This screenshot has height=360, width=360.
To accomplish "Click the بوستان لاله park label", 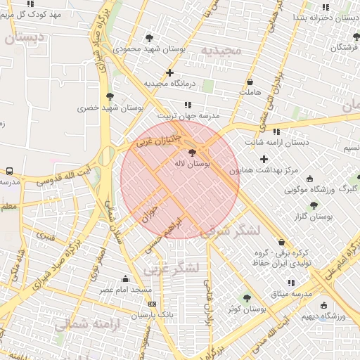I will tap(192, 163).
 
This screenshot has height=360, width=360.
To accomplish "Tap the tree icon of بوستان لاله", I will tap(192, 152).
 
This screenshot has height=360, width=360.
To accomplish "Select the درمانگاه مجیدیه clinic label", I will tap(169, 83).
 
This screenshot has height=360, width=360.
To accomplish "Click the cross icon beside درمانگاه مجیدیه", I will tap(169, 72).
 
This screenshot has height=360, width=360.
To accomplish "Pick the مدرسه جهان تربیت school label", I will tap(188, 115).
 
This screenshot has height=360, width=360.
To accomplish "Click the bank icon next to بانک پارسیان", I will tap(153, 304).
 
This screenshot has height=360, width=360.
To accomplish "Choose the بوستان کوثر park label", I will tap(246, 309).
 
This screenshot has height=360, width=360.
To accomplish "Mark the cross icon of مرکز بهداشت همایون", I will tap(264, 160).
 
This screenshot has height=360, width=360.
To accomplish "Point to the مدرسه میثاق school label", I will tap(291, 292).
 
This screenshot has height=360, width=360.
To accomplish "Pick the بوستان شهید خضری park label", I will tap(110, 108).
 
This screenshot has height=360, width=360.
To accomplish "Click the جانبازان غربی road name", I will tap(159, 136).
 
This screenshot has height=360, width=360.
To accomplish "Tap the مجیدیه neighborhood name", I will tap(221, 51).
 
